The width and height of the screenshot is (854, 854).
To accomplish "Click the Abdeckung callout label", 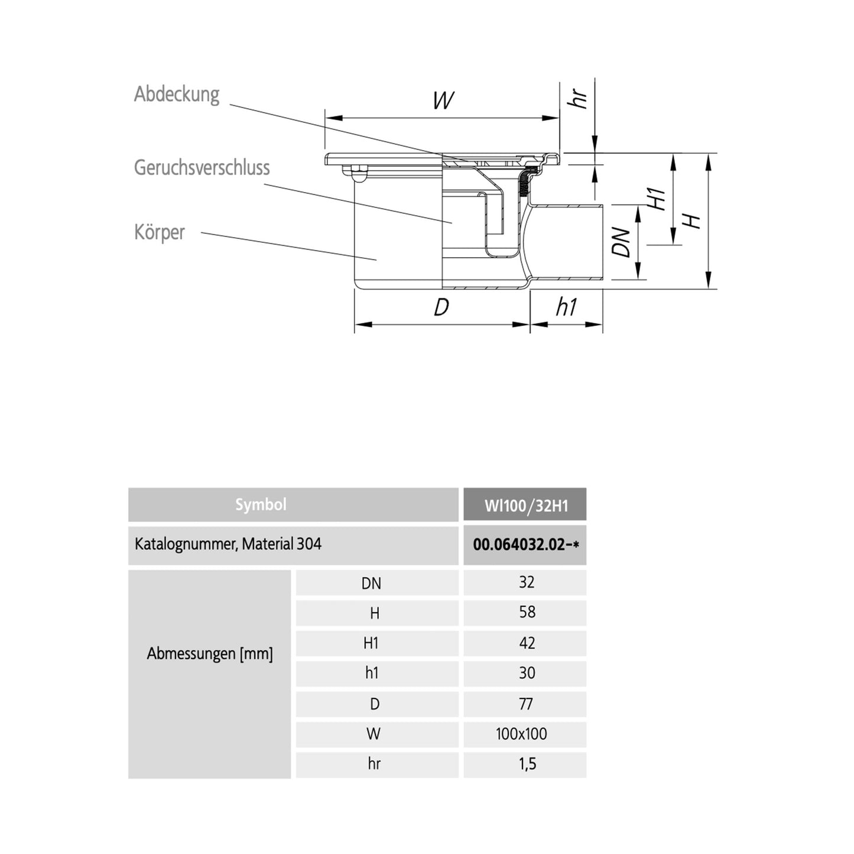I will tap(176, 95).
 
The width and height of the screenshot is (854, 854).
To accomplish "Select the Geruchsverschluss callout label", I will tap(202, 168).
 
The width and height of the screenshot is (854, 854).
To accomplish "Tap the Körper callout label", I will tap(159, 232).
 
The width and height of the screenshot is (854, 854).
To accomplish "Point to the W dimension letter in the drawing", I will tap(443, 100).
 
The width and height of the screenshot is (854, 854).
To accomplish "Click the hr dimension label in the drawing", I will tap(577, 98).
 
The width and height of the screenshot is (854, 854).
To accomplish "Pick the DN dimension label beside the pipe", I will tap(621, 242).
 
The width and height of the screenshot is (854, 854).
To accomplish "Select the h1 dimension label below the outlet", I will tap(566, 307).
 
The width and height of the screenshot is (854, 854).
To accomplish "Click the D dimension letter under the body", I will tap(441, 307).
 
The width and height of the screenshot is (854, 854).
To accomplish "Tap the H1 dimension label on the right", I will tap(657, 199).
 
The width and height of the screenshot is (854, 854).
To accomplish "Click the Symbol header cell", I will tap(261, 505).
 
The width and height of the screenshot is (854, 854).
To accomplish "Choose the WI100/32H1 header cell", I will tap(525, 506).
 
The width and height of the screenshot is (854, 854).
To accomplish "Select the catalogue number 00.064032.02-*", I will tap(525, 544).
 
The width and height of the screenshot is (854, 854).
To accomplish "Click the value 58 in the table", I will tap(527, 612).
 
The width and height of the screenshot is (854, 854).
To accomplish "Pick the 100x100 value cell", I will tap(521, 734).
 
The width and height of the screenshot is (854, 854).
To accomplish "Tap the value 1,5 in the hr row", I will tap(527, 764).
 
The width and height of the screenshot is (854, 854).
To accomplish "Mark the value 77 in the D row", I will tap(525, 704).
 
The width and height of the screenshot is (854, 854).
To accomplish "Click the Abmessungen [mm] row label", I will tap(210, 654).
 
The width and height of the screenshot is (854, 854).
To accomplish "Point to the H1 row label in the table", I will tap(371, 643).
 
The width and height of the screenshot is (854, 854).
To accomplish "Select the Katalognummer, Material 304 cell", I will tap(228, 544).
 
